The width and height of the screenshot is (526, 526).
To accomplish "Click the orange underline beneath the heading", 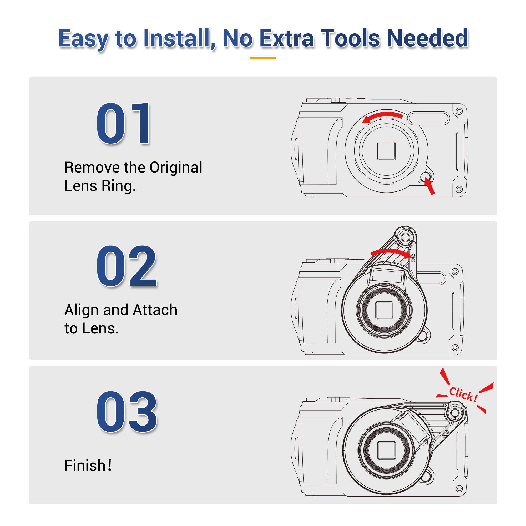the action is pyautogui.click(x=263, y=58).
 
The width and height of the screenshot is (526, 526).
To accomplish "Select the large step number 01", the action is pyautogui.click(x=123, y=123).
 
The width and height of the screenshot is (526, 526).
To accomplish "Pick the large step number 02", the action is pyautogui.click(x=127, y=266).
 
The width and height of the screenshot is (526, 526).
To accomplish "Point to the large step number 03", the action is pyautogui.click(x=127, y=412).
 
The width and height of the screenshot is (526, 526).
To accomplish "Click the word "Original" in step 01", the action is pyautogui.click(x=176, y=168).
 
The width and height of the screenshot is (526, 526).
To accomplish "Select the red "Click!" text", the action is pyautogui.click(x=463, y=394).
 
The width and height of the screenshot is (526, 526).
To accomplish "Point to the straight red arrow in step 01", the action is pyautogui.click(x=430, y=186).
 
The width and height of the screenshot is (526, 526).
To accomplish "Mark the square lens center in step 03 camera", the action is pyautogui.click(x=387, y=450).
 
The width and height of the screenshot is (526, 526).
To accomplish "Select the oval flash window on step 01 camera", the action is pyautogui.click(x=428, y=118).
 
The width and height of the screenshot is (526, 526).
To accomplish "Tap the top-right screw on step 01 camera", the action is pyautogui.click(x=459, y=111).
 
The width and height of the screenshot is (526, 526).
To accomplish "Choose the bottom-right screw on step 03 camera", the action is pyautogui.click(x=459, y=489).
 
